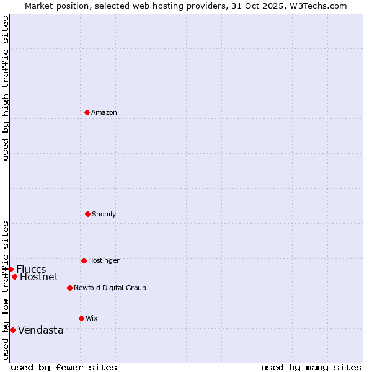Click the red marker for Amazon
87,112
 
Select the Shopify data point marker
87,214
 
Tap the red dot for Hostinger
84,260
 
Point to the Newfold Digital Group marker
69,288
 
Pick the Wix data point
81,318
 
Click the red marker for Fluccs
11,269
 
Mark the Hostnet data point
14,277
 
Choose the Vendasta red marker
12,330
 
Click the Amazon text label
104,112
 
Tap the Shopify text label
104,214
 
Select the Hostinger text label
104,260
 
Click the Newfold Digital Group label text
110,288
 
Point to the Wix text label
92,318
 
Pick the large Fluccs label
31,269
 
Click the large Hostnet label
39,277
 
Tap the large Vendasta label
41,330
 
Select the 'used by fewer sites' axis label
64,367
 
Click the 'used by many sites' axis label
311,367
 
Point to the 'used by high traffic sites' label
6,88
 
